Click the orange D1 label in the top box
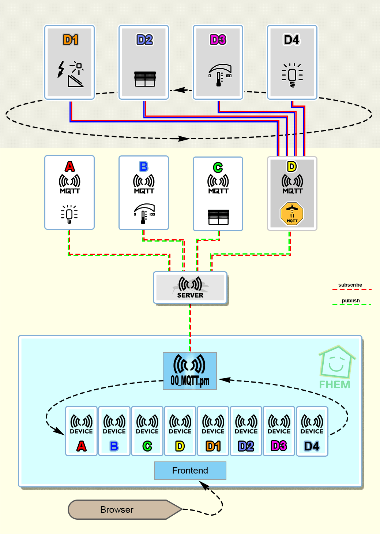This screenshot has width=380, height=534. coord(71,40)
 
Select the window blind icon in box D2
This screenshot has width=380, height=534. coord(145,79)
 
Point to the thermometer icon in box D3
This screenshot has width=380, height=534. coord(220,75)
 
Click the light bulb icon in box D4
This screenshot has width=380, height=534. coord(292,75)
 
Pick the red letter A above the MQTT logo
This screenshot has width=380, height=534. coord(70,166)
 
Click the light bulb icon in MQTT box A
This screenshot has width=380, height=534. coord(69,214)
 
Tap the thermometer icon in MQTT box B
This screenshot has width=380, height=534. coord(144,214)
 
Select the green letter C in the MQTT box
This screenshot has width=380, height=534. coord(218,167)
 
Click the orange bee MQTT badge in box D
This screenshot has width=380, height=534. coord(292,214)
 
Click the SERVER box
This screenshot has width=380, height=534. coord(190,287)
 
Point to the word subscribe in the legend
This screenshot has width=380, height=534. coord(350,285)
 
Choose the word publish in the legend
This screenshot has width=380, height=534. coord(351,301)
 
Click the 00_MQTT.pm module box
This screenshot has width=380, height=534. coord(190,371)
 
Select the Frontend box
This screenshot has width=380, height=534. coord(190,470)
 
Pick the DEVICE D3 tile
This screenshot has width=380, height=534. coord(279,431)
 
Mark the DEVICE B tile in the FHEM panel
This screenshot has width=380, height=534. coord(114,431)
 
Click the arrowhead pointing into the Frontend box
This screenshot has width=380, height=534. coord(204,485)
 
